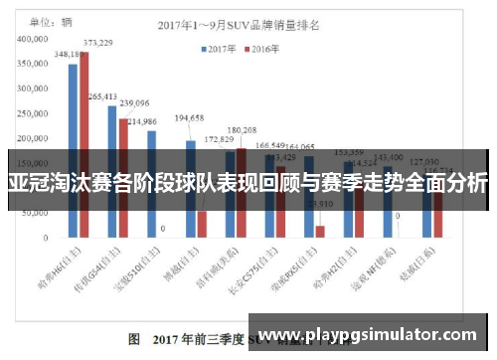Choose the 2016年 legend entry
coord(263,48)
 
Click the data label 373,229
coord(97,43)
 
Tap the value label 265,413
coord(101,96)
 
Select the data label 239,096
coord(134,103)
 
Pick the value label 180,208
coord(242,130)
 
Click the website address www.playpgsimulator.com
coord(374,334)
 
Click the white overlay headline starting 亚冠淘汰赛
coord(248,183)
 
